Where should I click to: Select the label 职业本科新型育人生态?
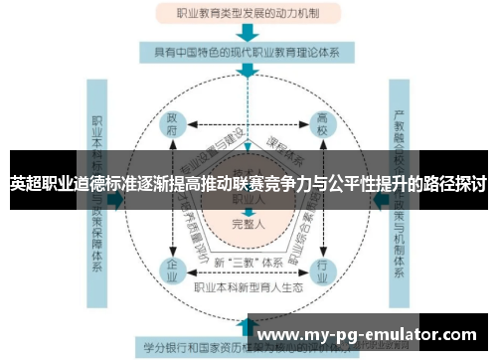pyautogui.click(x=248, y=288)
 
